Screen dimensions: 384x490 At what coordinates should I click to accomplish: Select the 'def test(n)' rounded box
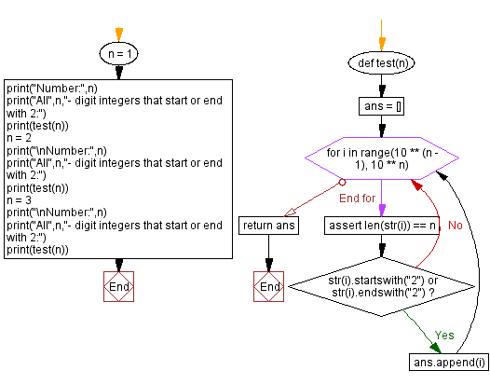point(380,63)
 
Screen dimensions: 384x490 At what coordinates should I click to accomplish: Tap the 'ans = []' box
point(380,106)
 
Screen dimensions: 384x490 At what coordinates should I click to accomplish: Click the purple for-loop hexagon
point(380,158)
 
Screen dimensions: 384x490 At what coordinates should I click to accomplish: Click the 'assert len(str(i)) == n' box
point(380,226)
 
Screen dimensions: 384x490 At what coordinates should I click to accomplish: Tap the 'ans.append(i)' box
point(447,362)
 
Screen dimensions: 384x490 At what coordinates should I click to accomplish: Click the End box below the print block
point(118,287)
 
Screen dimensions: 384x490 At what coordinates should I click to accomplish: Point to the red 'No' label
point(455,226)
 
